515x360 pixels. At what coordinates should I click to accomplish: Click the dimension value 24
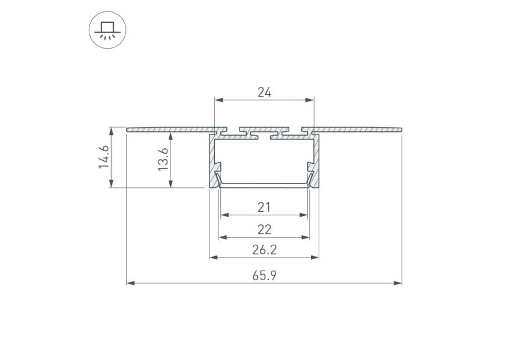(264, 92)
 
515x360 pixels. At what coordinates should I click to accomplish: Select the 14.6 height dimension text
(104, 157)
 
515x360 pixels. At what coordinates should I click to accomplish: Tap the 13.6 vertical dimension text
(163, 159)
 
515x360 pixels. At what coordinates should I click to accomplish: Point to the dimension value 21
(264, 208)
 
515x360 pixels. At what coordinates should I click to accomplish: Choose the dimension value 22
(264, 229)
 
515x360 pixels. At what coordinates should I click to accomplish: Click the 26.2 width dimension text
(264, 250)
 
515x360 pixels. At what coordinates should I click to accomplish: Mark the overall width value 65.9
(264, 275)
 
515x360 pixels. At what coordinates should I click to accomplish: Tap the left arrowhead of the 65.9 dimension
(131, 283)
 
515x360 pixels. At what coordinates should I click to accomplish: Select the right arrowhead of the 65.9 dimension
(397, 283)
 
